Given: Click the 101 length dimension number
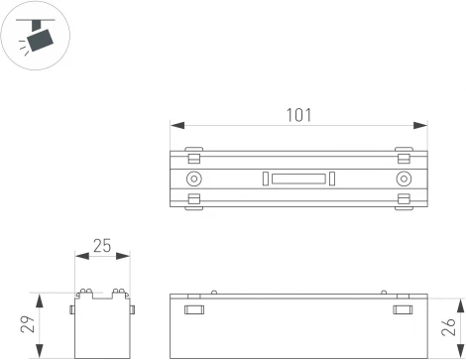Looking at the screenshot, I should pos(296,114).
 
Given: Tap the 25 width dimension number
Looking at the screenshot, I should pos(102,245).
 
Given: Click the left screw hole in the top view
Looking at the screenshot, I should pos(193,179).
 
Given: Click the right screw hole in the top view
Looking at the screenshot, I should pos(403,179).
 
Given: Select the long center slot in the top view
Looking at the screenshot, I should pos(298,179).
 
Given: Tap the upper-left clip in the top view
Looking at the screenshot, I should pos(194,155).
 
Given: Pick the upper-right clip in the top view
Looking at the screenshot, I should pos(403,155).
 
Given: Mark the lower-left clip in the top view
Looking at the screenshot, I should pos(194,201).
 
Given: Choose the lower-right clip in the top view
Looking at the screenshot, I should pos(403,201).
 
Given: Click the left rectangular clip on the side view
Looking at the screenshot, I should pos(194,310).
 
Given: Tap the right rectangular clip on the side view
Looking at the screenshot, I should pos(402,310).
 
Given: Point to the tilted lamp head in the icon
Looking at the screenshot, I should pos(40,40).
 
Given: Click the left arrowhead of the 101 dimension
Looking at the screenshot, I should pos(175,125).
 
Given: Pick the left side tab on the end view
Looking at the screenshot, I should pos(72,308).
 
